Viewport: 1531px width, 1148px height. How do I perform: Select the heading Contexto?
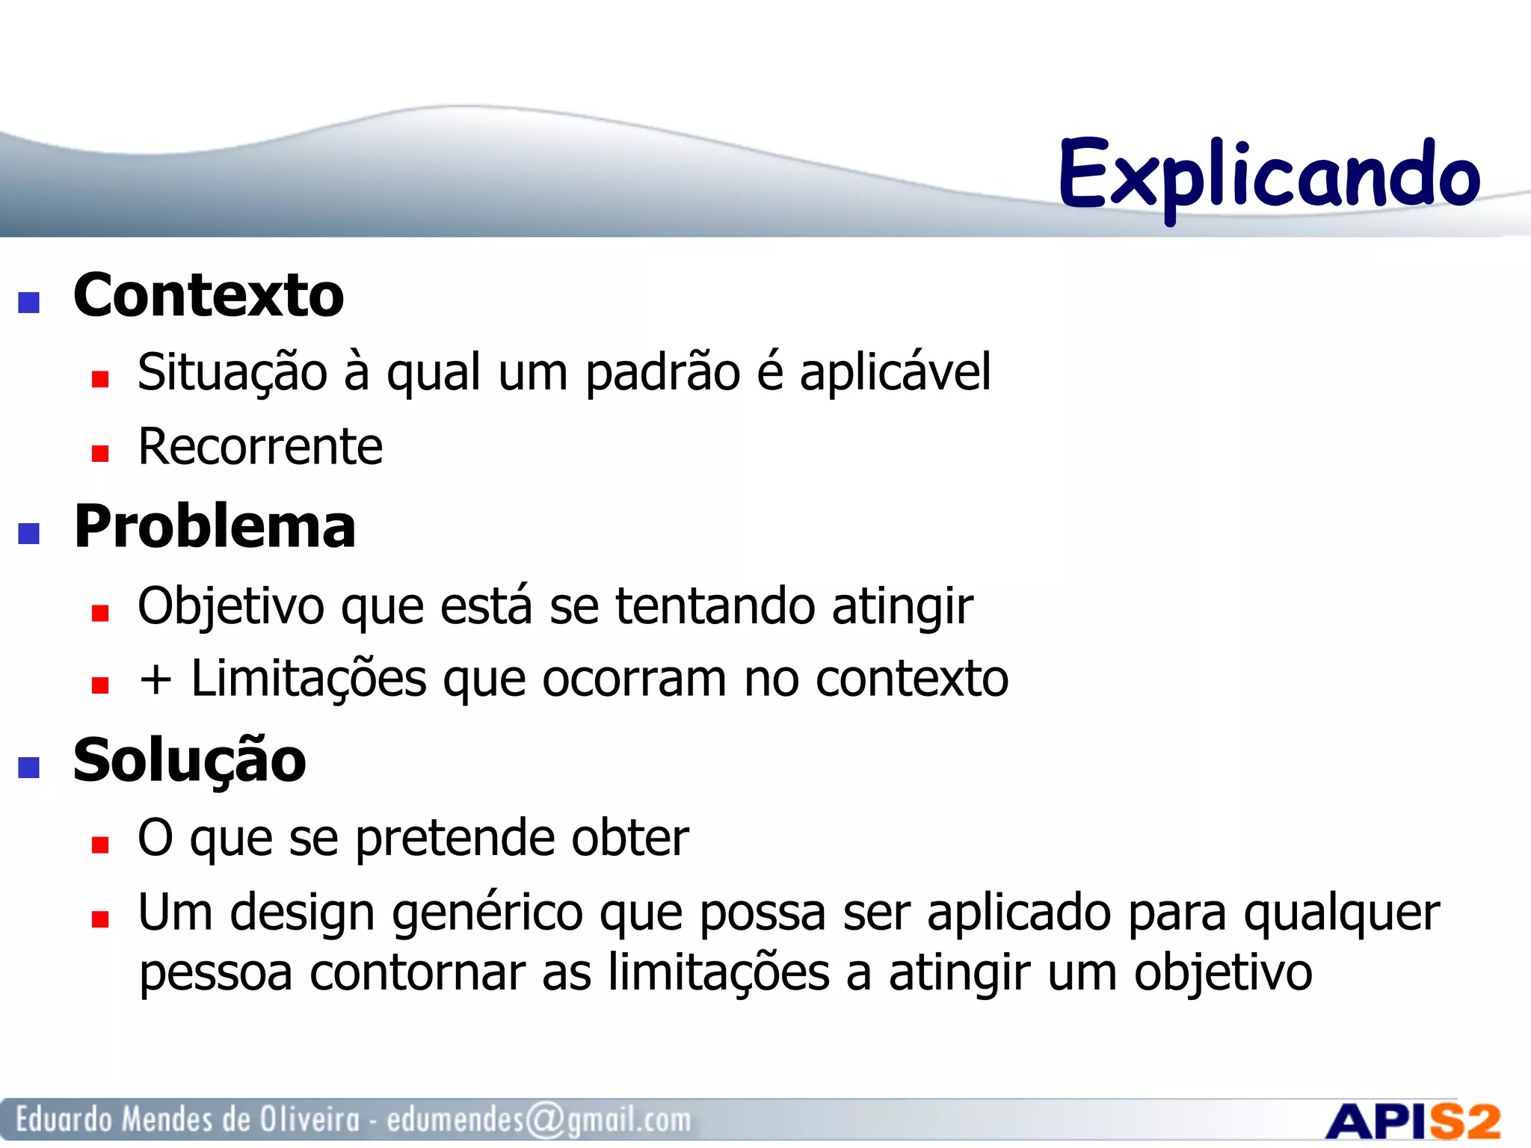tap(209, 295)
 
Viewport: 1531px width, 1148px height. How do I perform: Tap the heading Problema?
tap(215, 526)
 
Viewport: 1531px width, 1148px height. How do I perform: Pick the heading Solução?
tap(190, 761)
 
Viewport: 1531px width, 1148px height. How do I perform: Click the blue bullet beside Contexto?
tap(28, 303)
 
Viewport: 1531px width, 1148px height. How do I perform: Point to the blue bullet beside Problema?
tap(28, 534)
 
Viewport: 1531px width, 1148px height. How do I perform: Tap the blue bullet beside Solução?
tap(28, 768)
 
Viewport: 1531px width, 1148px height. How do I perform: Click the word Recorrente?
tap(260, 447)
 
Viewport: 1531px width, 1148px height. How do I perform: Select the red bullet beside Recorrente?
tap(100, 454)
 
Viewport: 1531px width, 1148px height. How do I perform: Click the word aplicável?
tap(895, 372)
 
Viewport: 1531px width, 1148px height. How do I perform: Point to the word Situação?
tap(232, 372)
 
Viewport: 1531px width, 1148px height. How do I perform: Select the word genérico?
tap(487, 913)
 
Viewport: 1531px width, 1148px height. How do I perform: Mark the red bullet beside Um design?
tap(100, 919)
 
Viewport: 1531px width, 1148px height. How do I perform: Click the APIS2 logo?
tap(1413, 1122)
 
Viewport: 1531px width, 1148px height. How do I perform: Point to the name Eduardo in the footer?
tap(64, 1119)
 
